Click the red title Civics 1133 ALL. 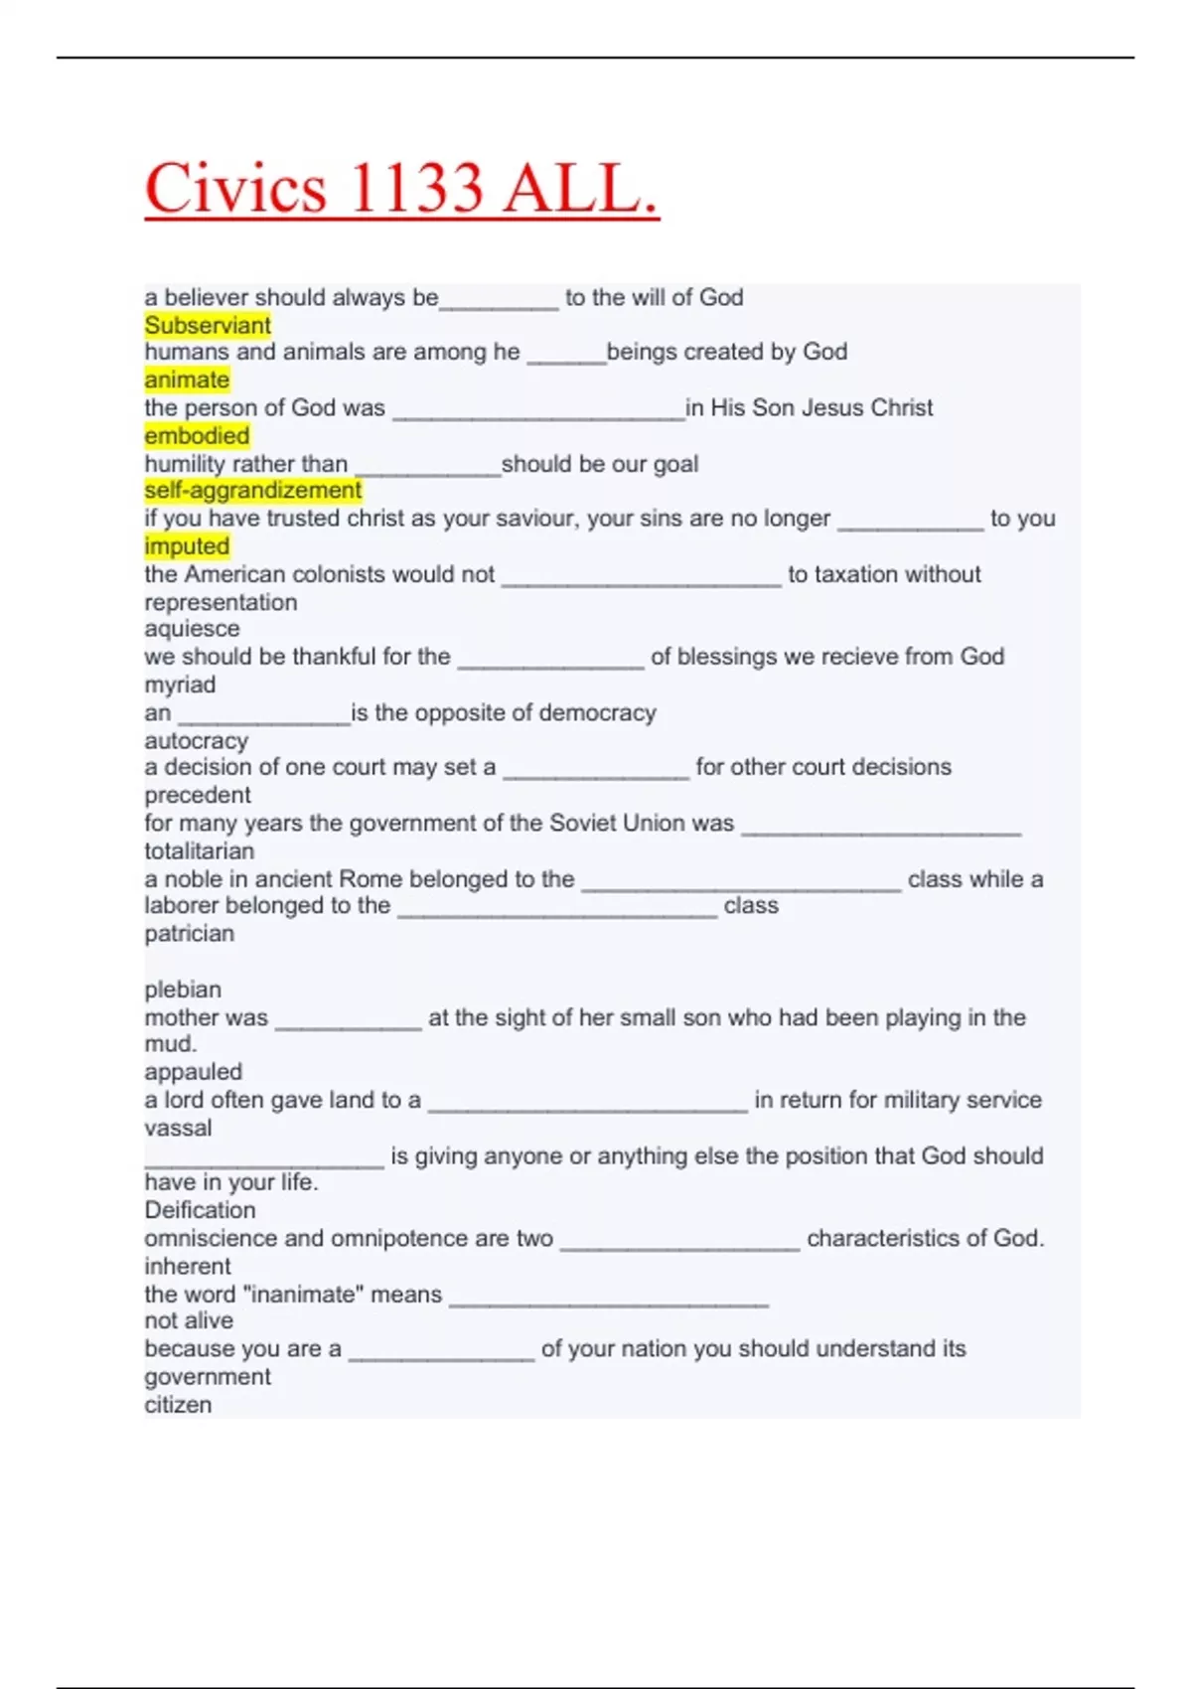(x=401, y=188)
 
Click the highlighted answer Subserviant (x=208, y=325)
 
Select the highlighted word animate (x=187, y=380)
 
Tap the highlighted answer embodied (x=197, y=435)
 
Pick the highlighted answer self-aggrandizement (x=253, y=490)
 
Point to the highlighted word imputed (x=187, y=545)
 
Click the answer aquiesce (x=192, y=629)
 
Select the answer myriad (x=180, y=685)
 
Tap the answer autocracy (x=196, y=740)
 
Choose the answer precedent (x=198, y=795)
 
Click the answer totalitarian (x=199, y=850)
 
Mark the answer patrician (x=189, y=933)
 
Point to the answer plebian (x=183, y=990)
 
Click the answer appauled (x=193, y=1072)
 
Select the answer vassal (x=178, y=1128)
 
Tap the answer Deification (x=200, y=1210)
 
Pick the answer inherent (x=187, y=1266)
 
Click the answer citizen (x=178, y=1405)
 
